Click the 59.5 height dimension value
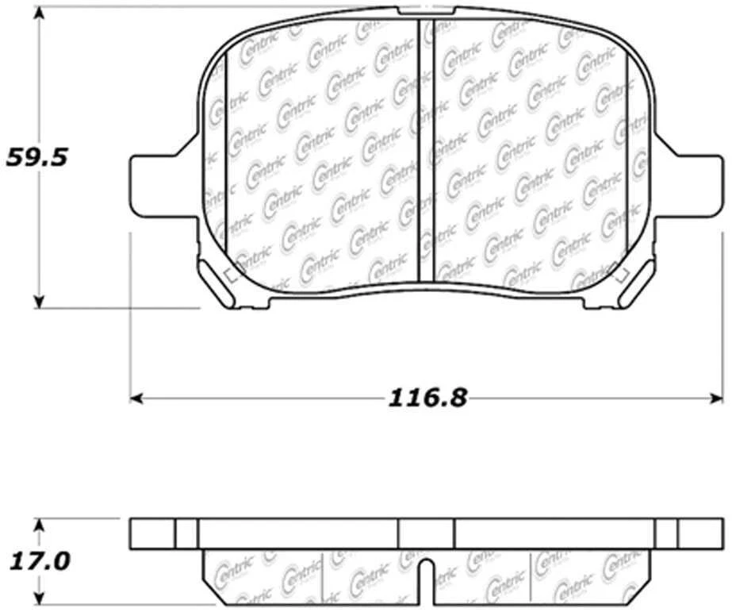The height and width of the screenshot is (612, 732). [37, 156]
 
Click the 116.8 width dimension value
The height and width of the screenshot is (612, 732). [427, 397]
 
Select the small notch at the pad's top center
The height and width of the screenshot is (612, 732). [427, 10]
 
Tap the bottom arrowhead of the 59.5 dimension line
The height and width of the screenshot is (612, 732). [38, 302]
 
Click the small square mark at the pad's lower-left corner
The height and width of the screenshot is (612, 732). [232, 276]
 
